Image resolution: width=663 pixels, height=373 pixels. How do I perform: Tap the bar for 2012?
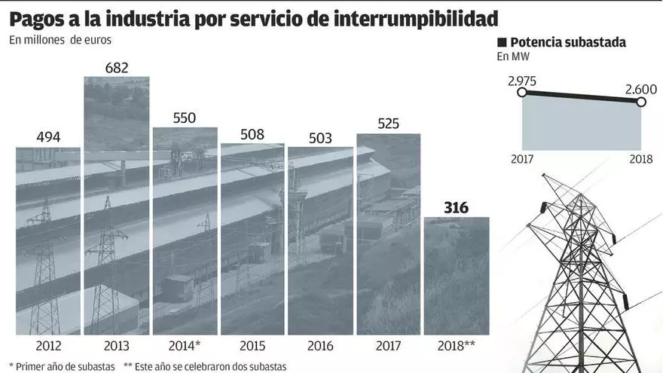(48, 241)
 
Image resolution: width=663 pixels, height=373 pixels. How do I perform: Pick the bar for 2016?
(320, 240)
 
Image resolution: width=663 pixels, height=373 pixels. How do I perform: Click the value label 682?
(116, 68)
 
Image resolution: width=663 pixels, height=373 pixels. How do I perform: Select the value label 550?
(184, 118)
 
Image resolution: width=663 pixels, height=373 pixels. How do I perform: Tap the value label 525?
(388, 124)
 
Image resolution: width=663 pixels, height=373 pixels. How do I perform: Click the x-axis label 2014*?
(185, 347)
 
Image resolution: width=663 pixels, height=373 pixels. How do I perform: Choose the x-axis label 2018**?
(457, 347)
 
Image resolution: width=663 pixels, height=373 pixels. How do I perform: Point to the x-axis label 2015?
(252, 347)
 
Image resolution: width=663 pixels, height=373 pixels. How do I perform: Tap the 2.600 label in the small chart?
(640, 89)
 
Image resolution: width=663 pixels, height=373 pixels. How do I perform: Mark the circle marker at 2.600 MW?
(641, 102)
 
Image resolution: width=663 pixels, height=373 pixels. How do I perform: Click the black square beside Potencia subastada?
(502, 43)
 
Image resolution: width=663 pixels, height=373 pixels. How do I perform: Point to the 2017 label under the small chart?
(522, 159)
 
